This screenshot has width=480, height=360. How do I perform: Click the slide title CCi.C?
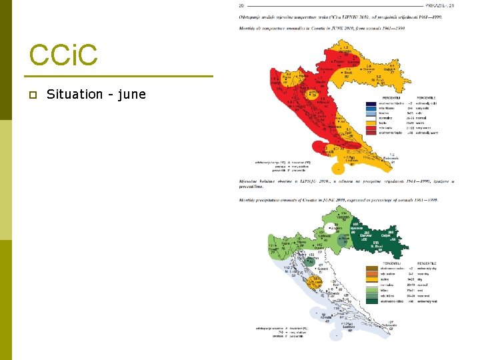point(63,56)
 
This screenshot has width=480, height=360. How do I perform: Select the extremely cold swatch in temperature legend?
point(371,103)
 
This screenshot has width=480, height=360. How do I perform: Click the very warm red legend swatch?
point(371,127)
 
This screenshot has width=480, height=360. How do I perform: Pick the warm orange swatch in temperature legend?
point(371,121)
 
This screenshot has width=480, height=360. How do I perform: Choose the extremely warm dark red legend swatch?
point(371,133)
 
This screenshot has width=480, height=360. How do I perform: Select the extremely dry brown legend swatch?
point(371,267)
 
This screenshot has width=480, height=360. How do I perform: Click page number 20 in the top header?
point(241,6)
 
